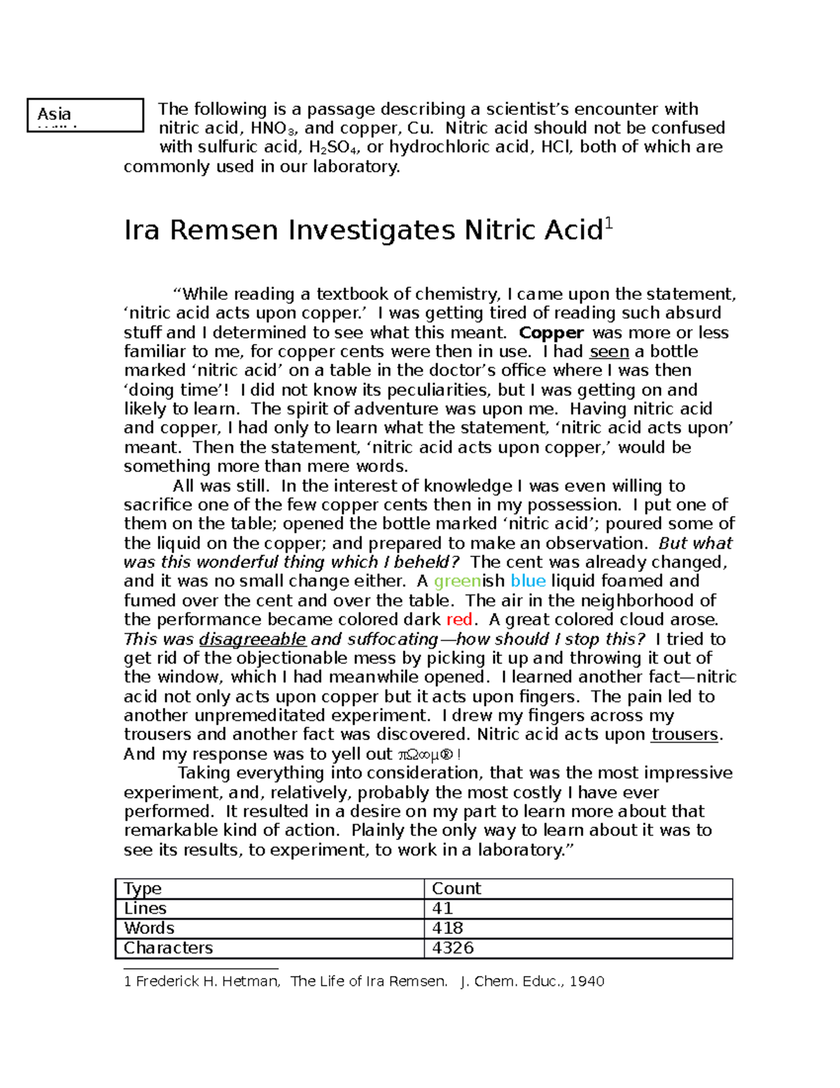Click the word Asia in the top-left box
pos(55,113)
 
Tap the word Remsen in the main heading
pos(224,230)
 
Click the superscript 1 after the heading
pos(608,224)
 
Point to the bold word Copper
pos(552,333)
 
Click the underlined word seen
pos(609,352)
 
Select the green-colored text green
pos(457,581)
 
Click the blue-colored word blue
pos(528,581)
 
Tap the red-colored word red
pos(459,620)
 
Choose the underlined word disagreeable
pos(253,639)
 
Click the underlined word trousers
pos(684,735)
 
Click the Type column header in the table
pos(143,889)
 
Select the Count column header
pos(456,889)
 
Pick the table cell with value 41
pos(443,909)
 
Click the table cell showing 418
pos(448,928)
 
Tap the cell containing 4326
pos(453,948)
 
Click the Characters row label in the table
pos(168,948)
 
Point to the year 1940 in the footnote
pos(587,982)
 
